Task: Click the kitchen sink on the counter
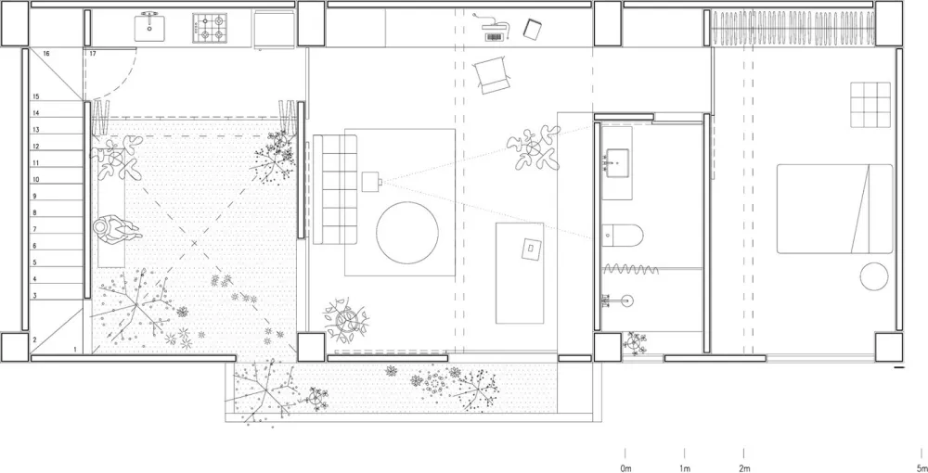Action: click(149, 27)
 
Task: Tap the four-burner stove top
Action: click(210, 27)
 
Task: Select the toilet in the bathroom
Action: click(622, 236)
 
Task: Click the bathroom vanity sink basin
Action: click(616, 160)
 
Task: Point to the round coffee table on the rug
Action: click(407, 233)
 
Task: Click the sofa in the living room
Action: click(335, 190)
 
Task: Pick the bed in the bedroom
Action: click(834, 209)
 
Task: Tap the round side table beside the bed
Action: click(874, 276)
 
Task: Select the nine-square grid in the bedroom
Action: click(870, 105)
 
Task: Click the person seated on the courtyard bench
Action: click(117, 229)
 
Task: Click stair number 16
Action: click(46, 54)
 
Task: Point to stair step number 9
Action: click(35, 197)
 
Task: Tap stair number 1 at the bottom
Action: click(75, 350)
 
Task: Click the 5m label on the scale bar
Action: click(921, 469)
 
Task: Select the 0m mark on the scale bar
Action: click(626, 469)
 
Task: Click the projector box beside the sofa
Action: click(371, 182)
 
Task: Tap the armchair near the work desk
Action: click(491, 75)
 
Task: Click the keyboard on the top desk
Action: click(495, 37)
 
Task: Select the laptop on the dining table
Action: click(532, 249)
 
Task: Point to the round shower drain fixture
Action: click(626, 300)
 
